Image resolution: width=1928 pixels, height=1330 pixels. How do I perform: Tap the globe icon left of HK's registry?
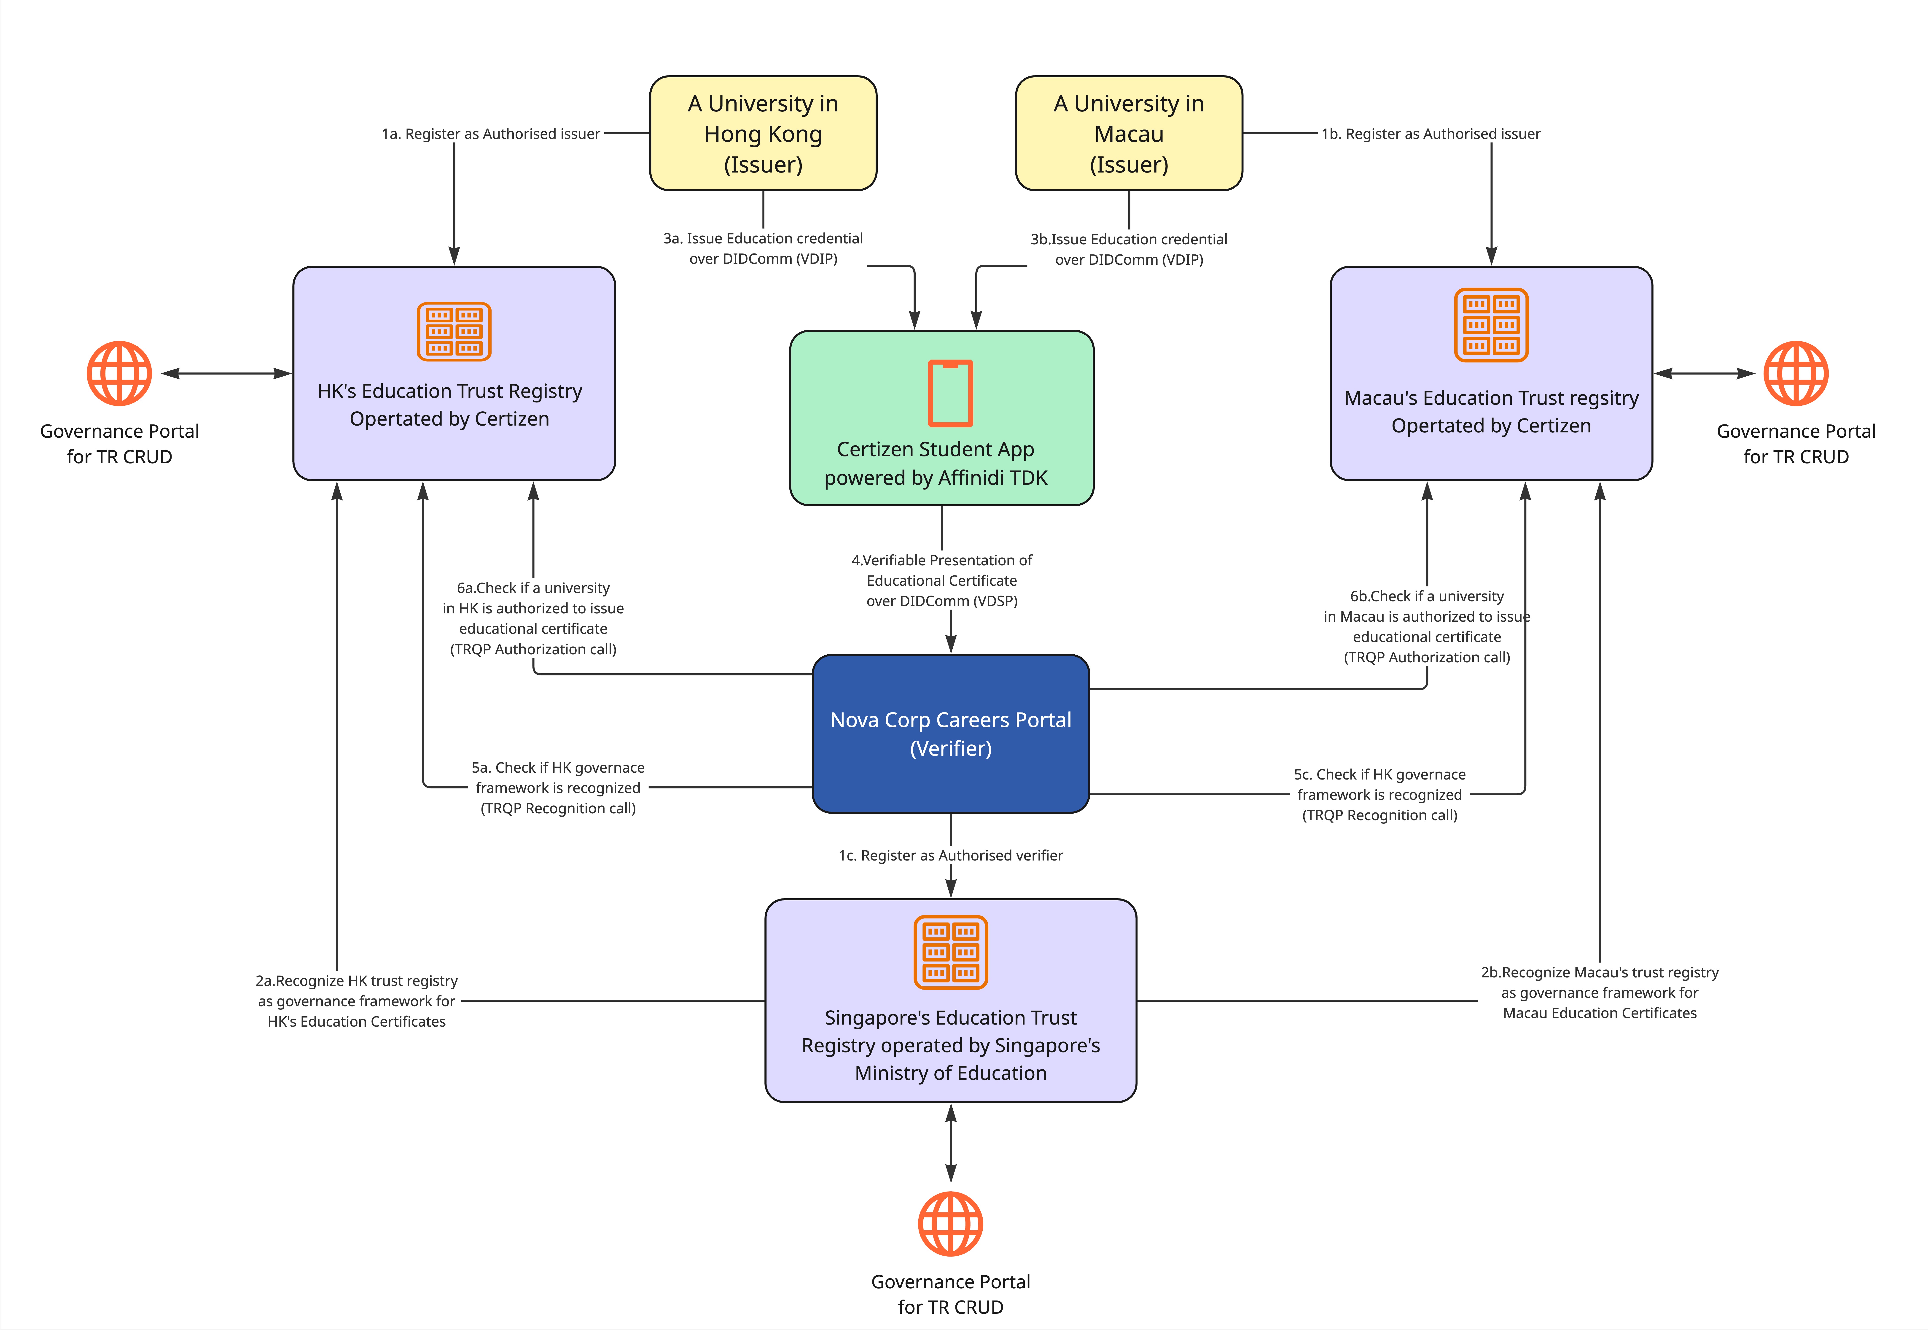[119, 373]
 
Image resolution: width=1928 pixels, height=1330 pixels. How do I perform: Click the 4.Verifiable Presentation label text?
[941, 580]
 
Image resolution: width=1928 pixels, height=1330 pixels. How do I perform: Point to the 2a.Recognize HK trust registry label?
[357, 1001]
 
